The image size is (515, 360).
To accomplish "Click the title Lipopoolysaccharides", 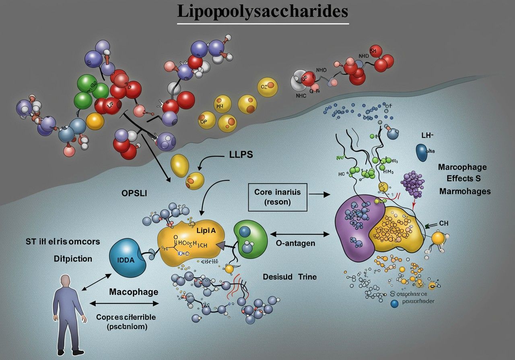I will (263, 12).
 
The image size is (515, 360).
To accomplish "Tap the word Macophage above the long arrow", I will (134, 292).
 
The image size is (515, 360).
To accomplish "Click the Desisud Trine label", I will (290, 277).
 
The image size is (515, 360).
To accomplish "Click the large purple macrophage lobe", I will (354, 225).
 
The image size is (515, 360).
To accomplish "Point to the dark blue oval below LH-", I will (422, 152).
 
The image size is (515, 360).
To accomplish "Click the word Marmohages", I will (465, 191).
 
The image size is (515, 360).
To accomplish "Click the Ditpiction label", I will (73, 259).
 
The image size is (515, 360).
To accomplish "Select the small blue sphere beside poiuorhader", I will (394, 304).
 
